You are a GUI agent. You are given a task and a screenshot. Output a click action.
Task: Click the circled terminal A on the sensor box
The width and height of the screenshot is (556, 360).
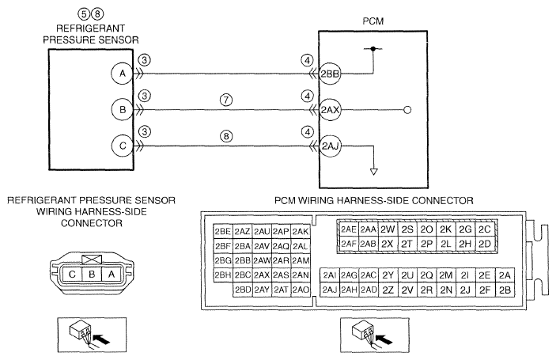(x=123, y=74)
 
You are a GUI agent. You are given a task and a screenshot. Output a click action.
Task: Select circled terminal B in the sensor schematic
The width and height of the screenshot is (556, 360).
(x=123, y=110)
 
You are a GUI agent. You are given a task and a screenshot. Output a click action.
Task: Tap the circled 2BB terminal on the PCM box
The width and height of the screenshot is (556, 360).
(x=330, y=74)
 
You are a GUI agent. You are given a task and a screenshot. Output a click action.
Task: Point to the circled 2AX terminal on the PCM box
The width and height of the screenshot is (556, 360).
(x=330, y=110)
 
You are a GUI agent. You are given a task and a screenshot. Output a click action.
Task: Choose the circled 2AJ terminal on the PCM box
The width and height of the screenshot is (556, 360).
(x=330, y=146)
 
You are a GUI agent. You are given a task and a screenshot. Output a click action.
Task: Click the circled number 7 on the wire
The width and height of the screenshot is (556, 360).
(x=226, y=100)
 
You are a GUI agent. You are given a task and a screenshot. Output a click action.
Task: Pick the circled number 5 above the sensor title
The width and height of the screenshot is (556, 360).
(x=83, y=13)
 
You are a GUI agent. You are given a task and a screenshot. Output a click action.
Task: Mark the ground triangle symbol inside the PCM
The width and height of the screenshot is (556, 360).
(x=373, y=172)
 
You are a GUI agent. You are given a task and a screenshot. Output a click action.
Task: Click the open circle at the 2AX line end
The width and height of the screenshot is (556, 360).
(x=407, y=110)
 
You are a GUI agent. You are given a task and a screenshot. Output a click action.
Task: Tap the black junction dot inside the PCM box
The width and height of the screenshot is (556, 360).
(x=373, y=48)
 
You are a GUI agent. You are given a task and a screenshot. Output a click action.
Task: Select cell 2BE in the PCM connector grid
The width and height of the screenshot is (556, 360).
(x=223, y=232)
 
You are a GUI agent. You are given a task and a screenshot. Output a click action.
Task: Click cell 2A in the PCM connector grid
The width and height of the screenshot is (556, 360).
(x=505, y=275)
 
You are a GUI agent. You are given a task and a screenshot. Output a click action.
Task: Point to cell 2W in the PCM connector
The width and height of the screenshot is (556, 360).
(x=388, y=229)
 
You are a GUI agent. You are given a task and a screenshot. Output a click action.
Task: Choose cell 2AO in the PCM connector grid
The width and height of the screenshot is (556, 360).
(x=301, y=290)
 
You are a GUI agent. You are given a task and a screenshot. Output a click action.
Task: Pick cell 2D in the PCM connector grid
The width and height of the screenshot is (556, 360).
(x=484, y=244)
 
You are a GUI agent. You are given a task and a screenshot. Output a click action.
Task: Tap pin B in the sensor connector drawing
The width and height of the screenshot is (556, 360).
(x=92, y=275)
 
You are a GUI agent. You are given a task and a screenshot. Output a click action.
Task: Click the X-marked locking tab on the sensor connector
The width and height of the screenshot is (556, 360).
(x=92, y=260)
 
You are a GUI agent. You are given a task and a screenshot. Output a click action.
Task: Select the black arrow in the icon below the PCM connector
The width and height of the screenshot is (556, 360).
(x=384, y=339)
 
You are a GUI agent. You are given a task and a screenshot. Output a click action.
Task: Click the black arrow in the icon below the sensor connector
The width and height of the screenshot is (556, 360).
(x=102, y=339)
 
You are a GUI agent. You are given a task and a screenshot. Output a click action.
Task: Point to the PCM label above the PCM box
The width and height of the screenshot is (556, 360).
(x=373, y=21)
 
